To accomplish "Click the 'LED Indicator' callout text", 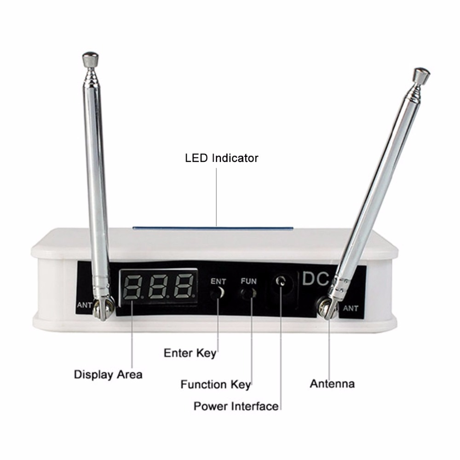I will (221, 158).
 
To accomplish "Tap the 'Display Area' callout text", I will (108, 374).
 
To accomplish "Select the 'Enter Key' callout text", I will (190, 353).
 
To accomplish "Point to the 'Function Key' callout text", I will (215, 384).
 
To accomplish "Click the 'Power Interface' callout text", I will (236, 406).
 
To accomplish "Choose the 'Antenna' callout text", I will (332, 383).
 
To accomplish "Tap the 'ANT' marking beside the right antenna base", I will (351, 308).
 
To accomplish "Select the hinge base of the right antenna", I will (328, 307).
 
